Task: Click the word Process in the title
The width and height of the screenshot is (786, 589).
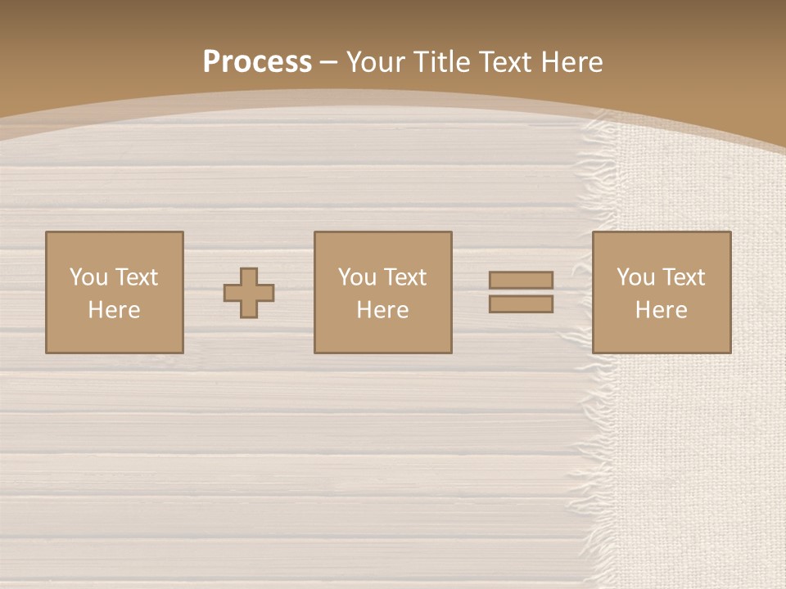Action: (x=257, y=62)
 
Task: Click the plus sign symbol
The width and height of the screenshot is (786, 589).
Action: (x=249, y=293)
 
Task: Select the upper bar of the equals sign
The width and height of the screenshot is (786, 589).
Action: (x=521, y=280)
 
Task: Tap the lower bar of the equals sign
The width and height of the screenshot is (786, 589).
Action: (x=521, y=304)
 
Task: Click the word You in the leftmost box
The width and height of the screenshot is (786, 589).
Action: (x=88, y=277)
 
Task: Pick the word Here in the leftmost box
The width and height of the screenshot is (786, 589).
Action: (x=114, y=310)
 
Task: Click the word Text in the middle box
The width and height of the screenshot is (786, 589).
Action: (x=404, y=277)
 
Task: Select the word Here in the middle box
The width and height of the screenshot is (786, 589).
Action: (x=382, y=310)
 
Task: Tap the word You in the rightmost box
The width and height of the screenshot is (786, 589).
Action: (x=635, y=277)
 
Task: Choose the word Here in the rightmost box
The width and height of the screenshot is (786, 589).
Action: (x=661, y=310)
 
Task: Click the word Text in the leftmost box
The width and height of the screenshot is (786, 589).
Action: (x=136, y=277)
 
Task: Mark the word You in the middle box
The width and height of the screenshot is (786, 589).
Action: (x=357, y=277)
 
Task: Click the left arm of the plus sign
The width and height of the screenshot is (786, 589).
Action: (x=232, y=293)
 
